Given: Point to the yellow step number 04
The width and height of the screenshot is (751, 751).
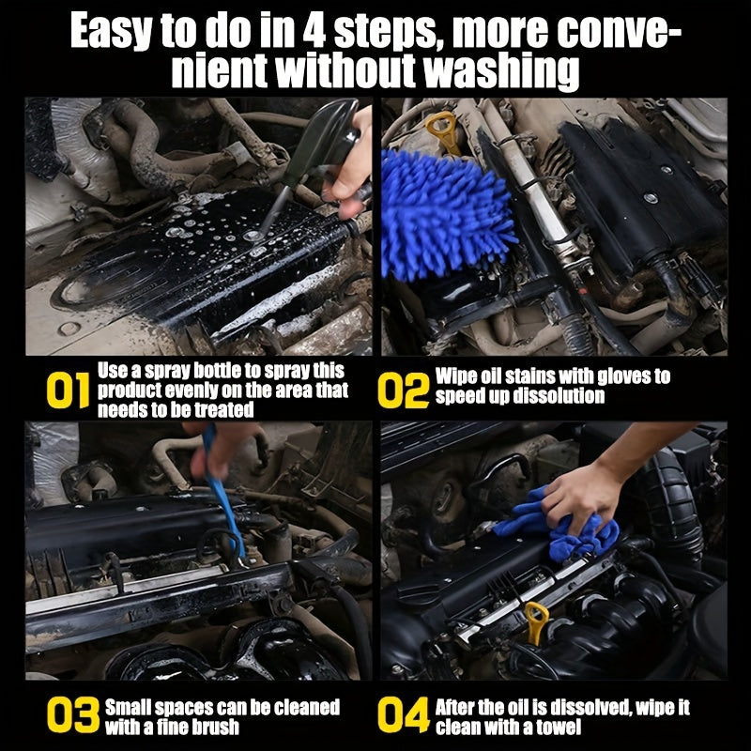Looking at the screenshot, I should [x=405, y=716].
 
